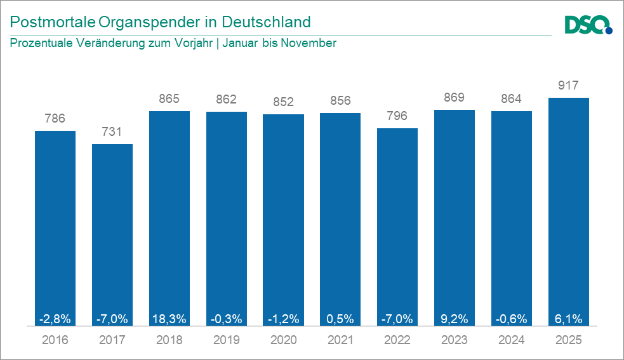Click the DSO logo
point(588,25)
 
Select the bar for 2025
point(569,210)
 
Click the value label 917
point(569,86)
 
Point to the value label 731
point(112,132)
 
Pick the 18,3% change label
point(169,317)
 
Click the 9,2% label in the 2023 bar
point(455,317)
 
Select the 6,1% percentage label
point(569,317)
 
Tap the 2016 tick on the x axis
point(55,340)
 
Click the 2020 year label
point(284,340)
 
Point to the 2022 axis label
point(397,340)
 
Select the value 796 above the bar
point(397,116)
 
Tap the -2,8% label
point(55,317)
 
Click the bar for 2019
point(227,216)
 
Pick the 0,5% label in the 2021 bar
point(340,317)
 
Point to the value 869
point(455,98)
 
